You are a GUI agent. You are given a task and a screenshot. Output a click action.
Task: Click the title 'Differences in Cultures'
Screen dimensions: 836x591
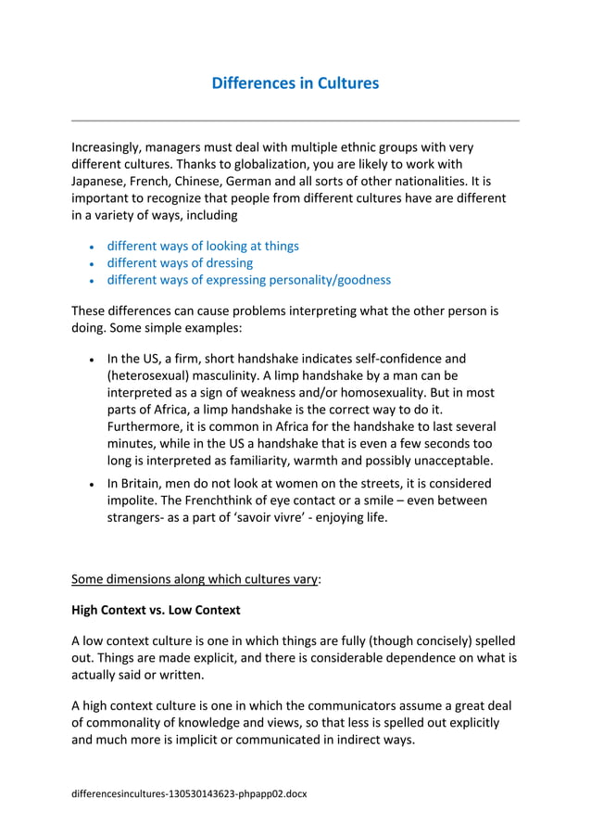pyautogui.click(x=295, y=83)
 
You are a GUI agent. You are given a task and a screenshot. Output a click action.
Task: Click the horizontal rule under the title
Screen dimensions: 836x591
pyautogui.click(x=295, y=120)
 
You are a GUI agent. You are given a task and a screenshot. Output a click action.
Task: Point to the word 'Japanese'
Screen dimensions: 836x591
pyautogui.click(x=101, y=182)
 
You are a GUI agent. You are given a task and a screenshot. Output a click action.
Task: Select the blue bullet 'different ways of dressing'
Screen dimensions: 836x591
pyautogui.click(x=180, y=263)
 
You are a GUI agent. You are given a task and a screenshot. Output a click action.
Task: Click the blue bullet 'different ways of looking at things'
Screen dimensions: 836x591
pyautogui.click(x=203, y=246)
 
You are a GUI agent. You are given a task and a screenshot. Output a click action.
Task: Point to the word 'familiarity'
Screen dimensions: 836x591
pyautogui.click(x=294, y=461)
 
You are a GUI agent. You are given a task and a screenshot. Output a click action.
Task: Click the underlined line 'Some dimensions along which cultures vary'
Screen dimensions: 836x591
pyautogui.click(x=196, y=580)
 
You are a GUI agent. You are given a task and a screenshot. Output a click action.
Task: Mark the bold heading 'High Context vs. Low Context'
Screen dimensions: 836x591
pyautogui.click(x=156, y=610)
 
